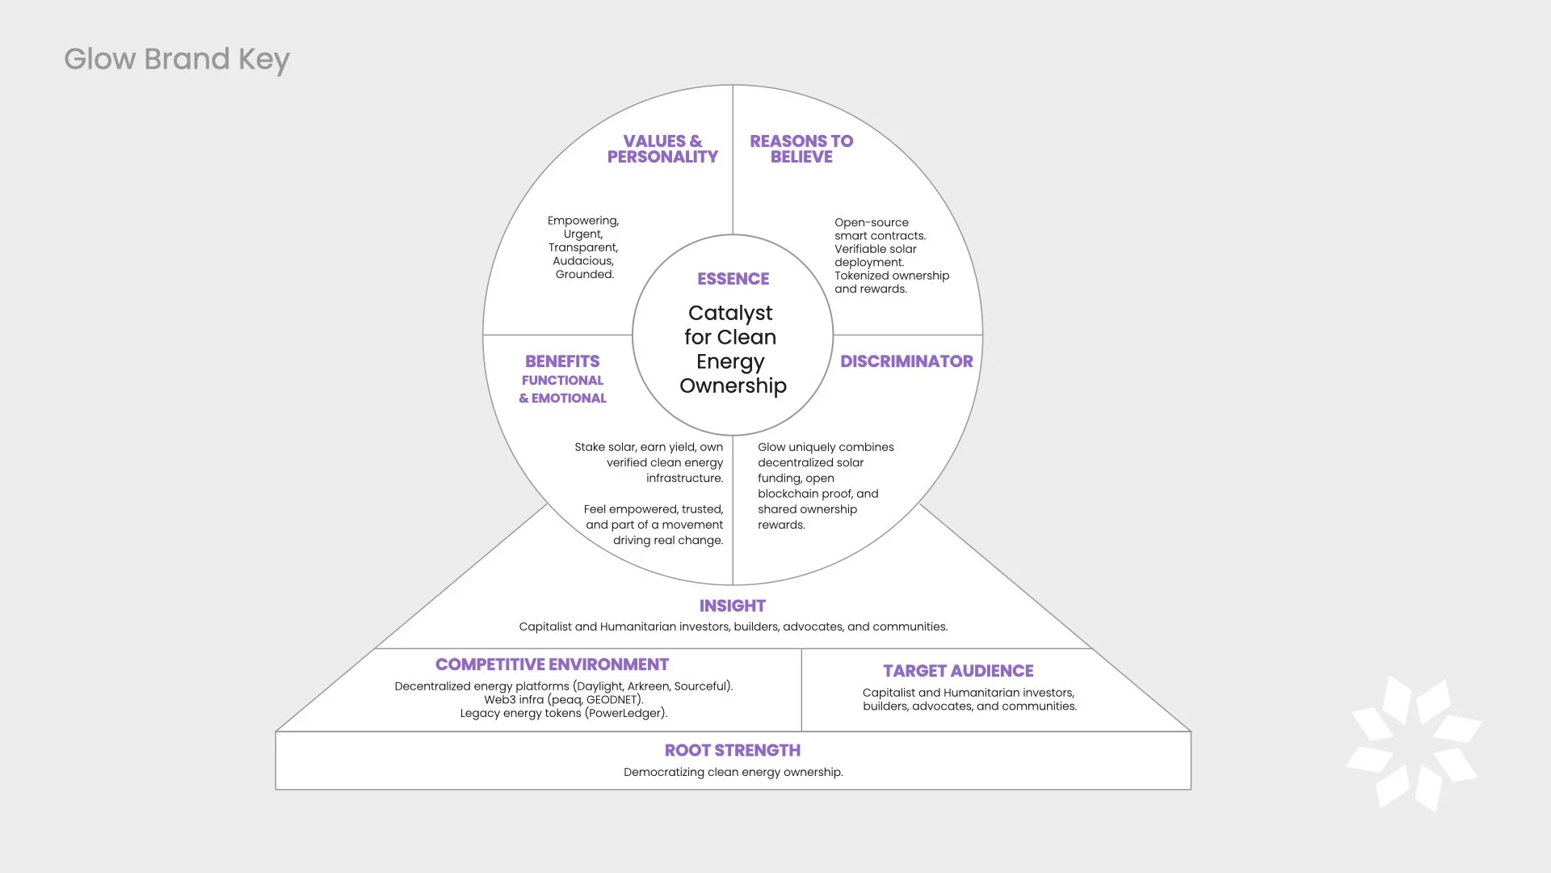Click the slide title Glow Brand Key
pos(176,60)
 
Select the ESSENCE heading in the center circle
pos(733,279)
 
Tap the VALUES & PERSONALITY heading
pos(662,150)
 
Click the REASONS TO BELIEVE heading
pos(801,150)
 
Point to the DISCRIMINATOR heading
pos(906,361)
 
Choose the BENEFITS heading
pos(562,361)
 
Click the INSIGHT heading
pos(732,606)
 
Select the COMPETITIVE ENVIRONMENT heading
pos(552,664)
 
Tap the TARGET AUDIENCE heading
pos(958,671)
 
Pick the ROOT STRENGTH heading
pos(732,751)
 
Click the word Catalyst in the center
pos(730,313)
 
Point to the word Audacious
pos(582,261)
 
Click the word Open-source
pos(871,222)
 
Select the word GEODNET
pos(613,700)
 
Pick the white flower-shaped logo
pos(1414,744)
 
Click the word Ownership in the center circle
pos(733,386)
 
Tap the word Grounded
pos(584,275)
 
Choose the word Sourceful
pos(701,686)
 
